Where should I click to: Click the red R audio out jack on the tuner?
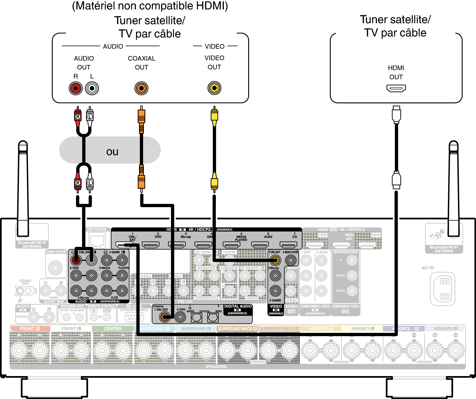coord(76,88)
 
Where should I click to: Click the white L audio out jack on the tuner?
coord(92,88)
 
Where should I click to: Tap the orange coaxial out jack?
coord(141,88)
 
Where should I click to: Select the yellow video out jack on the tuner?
coord(214,88)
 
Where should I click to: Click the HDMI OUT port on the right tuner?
coord(396,88)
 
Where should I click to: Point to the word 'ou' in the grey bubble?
coord(112,152)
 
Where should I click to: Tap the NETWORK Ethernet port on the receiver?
coord(97,241)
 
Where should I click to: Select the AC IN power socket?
coord(443,289)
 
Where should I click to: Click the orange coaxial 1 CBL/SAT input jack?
coord(165,317)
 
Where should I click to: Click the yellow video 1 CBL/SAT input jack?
coord(275,260)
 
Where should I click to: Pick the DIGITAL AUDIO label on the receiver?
coord(238,306)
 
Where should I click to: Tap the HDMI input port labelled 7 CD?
coord(288,245)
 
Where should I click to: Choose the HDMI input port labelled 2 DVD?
coord(151,245)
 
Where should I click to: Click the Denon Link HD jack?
coord(55,268)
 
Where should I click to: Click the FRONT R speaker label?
coord(30,329)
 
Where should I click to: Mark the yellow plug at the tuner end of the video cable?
coord(214,115)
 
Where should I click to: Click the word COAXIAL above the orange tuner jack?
coord(142,59)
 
